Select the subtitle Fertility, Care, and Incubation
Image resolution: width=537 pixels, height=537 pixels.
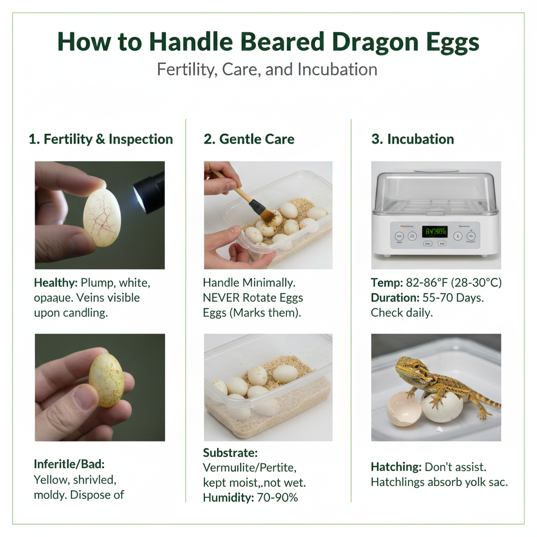267,69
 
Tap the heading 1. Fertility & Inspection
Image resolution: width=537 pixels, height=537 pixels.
100,139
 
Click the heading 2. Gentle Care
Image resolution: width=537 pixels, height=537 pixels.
249,139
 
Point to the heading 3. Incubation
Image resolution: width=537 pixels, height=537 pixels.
412,139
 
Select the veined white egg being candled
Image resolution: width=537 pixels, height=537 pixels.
102,218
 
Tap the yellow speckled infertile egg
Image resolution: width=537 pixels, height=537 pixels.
106,380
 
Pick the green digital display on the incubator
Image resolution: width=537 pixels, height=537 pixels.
435,232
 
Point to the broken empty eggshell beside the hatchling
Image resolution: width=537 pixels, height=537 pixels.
402,409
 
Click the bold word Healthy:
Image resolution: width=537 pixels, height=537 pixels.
56,283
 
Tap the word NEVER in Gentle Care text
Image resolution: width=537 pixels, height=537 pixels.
221,298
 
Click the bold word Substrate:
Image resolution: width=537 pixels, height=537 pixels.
230,452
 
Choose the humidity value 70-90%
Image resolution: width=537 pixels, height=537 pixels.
277,497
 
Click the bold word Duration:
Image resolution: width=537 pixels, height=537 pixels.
394,298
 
